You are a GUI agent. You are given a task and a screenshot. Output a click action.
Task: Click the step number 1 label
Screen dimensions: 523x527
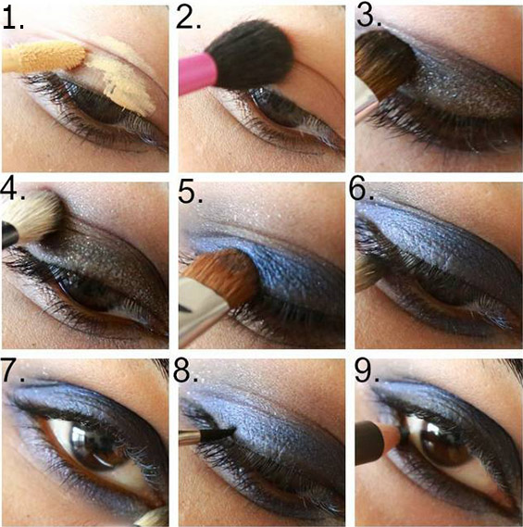pyautogui.click(x=13, y=19)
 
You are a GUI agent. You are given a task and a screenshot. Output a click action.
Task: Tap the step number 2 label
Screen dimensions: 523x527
pyautogui.click(x=188, y=19)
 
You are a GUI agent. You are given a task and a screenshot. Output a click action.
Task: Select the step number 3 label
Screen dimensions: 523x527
pyautogui.click(x=368, y=16)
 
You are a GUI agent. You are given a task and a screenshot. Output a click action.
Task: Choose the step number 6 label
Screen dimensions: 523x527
pyautogui.click(x=361, y=190)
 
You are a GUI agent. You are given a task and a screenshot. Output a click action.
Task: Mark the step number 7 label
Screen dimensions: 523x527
pyautogui.click(x=13, y=370)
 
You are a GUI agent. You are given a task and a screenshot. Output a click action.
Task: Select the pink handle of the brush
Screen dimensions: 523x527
pyautogui.click(x=197, y=73)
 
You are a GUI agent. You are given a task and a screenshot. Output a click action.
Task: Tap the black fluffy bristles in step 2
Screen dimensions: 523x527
pyautogui.click(x=250, y=54)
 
